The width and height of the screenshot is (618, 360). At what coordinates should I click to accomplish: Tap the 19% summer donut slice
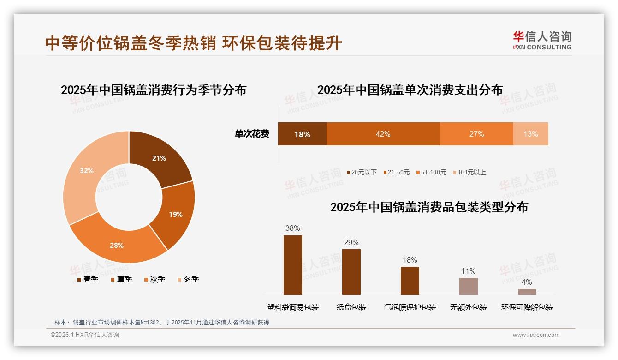click(175, 214)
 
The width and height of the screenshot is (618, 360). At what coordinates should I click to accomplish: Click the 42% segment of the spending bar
click(383, 134)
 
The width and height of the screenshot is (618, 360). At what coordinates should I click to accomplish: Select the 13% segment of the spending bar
click(530, 134)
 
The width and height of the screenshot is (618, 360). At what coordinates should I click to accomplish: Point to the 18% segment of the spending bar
click(302, 134)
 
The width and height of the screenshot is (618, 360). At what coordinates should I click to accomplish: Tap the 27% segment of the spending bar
click(476, 134)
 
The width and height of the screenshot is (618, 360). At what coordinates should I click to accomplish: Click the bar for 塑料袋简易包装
click(292, 265)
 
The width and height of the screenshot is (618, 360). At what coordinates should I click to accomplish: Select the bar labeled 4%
click(527, 292)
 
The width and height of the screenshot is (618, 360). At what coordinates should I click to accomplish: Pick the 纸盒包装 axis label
click(351, 307)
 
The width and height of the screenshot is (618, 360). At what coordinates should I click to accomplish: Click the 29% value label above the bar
click(351, 242)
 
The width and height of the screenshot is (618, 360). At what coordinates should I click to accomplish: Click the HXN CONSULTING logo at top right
click(542, 41)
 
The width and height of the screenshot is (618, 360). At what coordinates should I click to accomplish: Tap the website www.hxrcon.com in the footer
click(535, 335)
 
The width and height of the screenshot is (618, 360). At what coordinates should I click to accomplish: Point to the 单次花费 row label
click(252, 134)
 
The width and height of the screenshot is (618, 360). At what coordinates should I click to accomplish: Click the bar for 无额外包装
click(468, 286)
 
